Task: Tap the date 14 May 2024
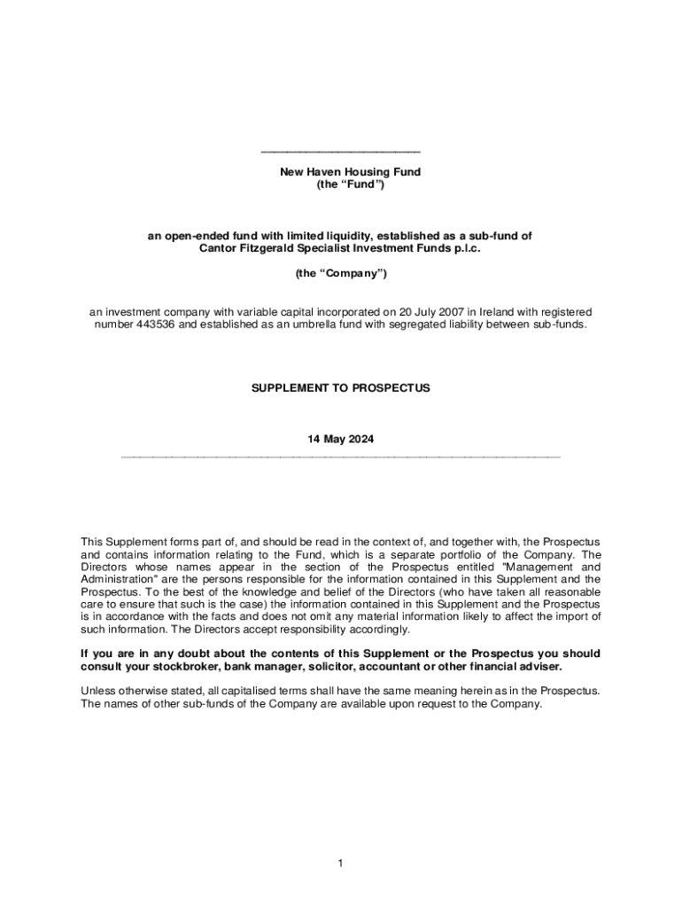click(x=340, y=439)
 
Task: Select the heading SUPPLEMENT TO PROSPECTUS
click(x=341, y=388)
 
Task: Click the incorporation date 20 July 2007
click(x=427, y=312)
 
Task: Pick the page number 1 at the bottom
click(x=340, y=864)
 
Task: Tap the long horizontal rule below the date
click(x=340, y=457)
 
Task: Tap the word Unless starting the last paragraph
click(x=97, y=691)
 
